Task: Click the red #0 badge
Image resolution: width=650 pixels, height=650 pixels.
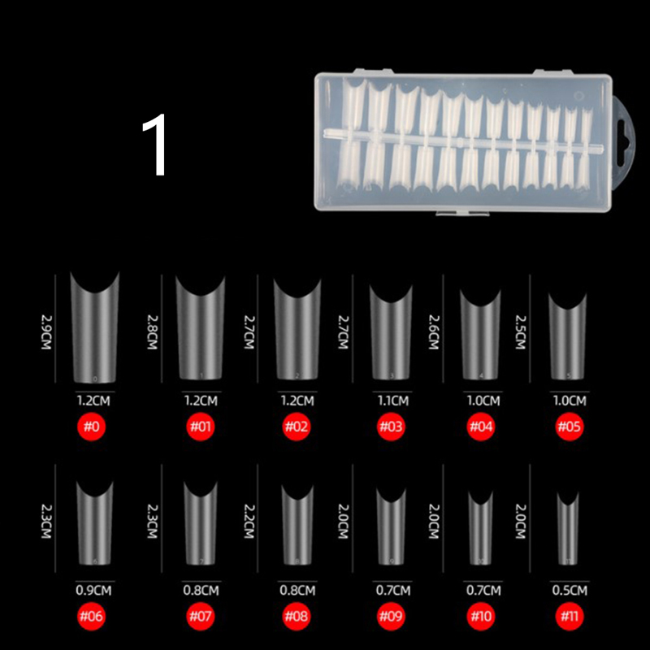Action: tap(92, 427)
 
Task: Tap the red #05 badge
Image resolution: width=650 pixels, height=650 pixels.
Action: tap(570, 427)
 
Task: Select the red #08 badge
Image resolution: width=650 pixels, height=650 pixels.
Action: tap(297, 616)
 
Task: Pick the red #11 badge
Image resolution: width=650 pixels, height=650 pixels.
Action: tap(570, 616)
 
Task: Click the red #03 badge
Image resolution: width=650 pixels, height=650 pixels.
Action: tap(391, 427)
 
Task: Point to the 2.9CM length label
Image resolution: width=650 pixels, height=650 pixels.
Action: tap(46, 331)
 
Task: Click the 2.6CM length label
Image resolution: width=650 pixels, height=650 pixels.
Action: tap(434, 332)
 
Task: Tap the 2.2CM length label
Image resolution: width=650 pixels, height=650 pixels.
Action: tap(249, 521)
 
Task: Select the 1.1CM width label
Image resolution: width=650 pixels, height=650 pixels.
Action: tap(393, 401)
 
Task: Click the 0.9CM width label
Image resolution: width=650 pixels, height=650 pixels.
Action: tap(93, 591)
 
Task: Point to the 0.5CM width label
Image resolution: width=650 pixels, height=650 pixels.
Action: tap(570, 591)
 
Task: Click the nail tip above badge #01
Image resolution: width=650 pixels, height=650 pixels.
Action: tap(201, 327)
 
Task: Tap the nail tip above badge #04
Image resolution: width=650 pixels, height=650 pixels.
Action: tap(481, 334)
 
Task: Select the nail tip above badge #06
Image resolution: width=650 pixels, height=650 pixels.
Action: tap(95, 522)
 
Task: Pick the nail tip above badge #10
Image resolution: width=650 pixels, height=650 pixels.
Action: tap(481, 527)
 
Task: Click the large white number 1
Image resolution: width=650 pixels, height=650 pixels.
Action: tap(155, 145)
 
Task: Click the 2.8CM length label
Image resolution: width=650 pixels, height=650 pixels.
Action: tap(153, 331)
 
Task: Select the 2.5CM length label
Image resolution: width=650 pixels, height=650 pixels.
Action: tap(521, 332)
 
